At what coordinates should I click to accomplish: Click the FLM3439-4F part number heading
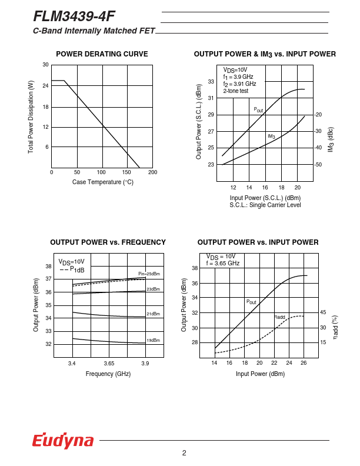pos(74,16)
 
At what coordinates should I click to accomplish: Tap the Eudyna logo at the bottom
pos(63,441)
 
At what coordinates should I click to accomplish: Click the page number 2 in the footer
pos(184,452)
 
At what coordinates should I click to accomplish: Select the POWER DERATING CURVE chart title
pos(102,54)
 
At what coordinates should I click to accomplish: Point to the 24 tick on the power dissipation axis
pos(45,86)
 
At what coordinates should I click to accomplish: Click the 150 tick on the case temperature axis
pos(127,172)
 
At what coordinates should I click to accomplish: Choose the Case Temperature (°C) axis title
pos(103,182)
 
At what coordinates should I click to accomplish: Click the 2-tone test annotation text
pos(236,91)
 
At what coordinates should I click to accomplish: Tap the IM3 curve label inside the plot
pos(271,137)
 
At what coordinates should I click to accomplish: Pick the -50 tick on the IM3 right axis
pos(318,165)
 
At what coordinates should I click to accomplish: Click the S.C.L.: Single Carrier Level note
pos(265,205)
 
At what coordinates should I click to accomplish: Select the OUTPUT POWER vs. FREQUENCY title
pos(108,242)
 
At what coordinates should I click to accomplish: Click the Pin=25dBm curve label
pos(149,274)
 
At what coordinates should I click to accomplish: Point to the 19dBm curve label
pos(153,340)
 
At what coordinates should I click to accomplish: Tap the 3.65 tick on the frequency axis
pos(108,364)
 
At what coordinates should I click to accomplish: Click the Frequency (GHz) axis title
pos(108,374)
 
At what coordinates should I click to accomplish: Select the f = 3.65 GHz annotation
pos(223,264)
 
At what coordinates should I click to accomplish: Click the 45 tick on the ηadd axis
pos(323,312)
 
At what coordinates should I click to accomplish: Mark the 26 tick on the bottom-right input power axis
pos(304,363)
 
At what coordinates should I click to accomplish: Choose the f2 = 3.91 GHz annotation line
pos(239,84)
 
